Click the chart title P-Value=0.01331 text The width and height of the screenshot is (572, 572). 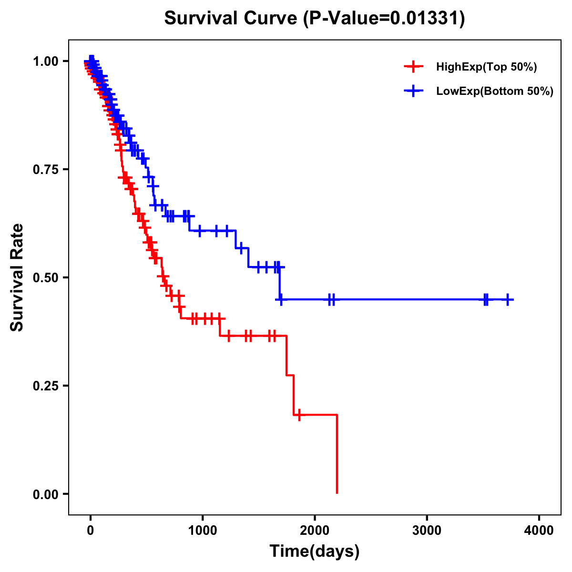click(384, 19)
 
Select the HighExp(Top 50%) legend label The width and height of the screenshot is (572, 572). click(487, 67)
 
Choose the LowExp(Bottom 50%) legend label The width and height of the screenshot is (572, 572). click(495, 91)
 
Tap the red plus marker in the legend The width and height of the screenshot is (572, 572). click(413, 67)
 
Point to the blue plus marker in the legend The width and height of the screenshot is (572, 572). click(413, 91)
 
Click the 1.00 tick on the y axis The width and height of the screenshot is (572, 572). click(45, 61)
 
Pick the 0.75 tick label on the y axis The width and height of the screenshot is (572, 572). click(45, 170)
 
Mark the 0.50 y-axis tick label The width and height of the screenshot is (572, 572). click(45, 278)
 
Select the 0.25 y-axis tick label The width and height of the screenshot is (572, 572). click(45, 386)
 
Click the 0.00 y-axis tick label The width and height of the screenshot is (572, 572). click(45, 494)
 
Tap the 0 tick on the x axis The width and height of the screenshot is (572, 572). click(91, 531)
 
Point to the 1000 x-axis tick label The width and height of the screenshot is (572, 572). click(203, 531)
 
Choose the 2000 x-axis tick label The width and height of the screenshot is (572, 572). click(315, 531)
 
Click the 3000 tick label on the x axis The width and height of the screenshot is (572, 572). click(427, 531)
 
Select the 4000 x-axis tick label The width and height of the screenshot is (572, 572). click(539, 531)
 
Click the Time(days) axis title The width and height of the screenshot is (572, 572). click(315, 552)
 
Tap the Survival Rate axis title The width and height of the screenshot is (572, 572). click(17, 277)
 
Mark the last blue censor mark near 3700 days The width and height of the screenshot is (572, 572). click(508, 299)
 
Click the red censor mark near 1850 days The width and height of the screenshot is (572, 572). click(299, 415)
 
